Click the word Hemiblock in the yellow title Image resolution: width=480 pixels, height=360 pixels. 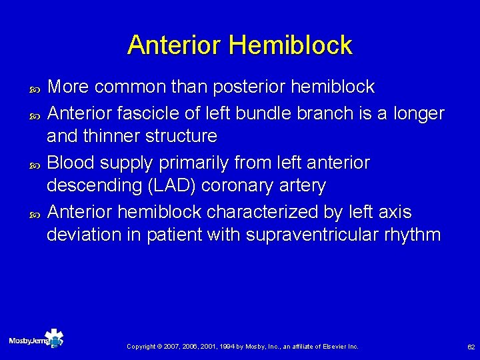[291, 45]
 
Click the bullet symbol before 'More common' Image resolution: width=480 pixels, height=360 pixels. [36, 88]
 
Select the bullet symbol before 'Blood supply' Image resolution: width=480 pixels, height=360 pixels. [36, 163]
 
